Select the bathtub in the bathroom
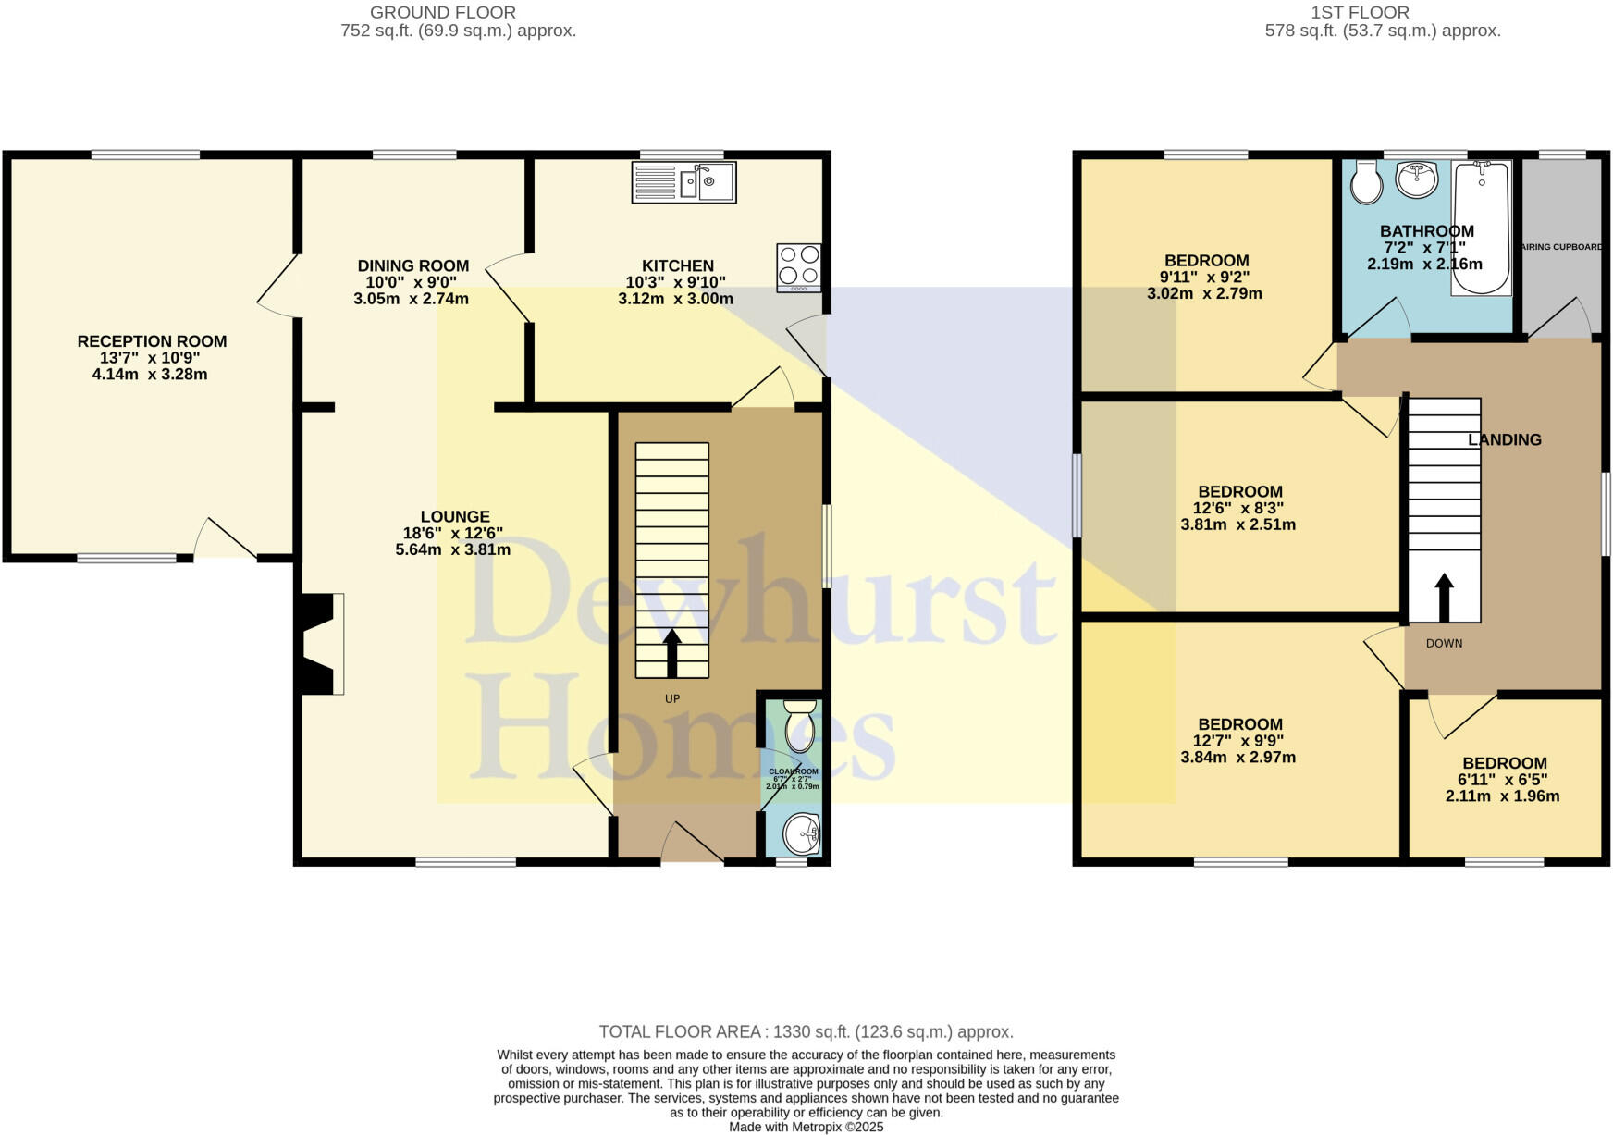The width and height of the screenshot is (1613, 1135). pyautogui.click(x=1481, y=228)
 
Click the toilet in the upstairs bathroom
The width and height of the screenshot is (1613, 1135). pyautogui.click(x=1366, y=182)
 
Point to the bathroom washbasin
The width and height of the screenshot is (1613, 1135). pyautogui.click(x=1416, y=179)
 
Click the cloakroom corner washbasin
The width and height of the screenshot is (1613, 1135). pyautogui.click(x=802, y=834)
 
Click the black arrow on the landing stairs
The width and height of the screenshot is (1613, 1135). pyautogui.click(x=1444, y=597)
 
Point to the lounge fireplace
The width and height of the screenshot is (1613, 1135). pyautogui.click(x=319, y=644)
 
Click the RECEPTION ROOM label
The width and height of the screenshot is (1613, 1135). pyautogui.click(x=152, y=341)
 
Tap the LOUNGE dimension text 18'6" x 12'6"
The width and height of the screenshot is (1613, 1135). pyautogui.click(x=453, y=533)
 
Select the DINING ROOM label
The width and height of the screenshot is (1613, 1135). pyautogui.click(x=412, y=266)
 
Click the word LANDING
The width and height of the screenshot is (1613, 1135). pyautogui.click(x=1505, y=440)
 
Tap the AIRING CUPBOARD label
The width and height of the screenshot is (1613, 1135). pyautogui.click(x=1563, y=247)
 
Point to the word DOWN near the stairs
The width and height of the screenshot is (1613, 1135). pyautogui.click(x=1444, y=643)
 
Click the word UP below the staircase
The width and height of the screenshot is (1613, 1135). pyautogui.click(x=672, y=698)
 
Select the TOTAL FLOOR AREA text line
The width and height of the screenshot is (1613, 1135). pyautogui.click(x=806, y=1031)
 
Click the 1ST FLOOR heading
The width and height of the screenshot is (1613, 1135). pyautogui.click(x=1360, y=12)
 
